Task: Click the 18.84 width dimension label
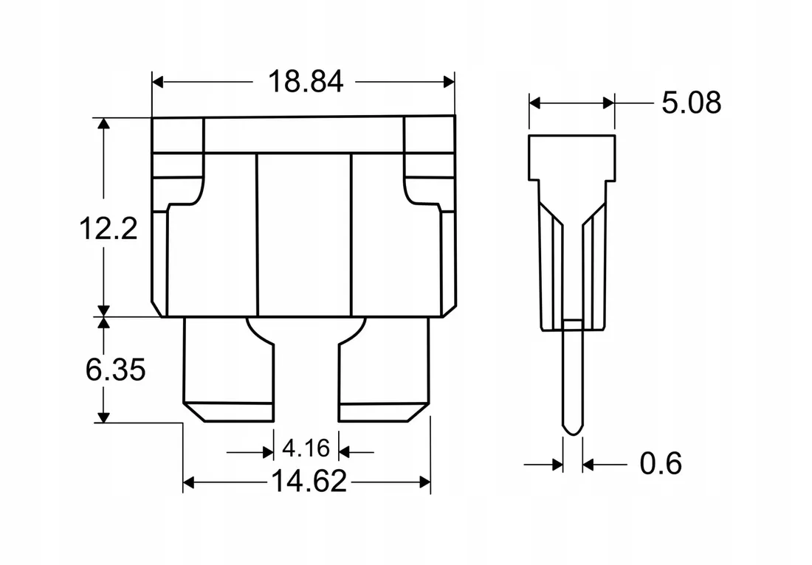[306, 82]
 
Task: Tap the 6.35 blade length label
[115, 370]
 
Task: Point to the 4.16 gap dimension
[306, 448]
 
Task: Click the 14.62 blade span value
[309, 482]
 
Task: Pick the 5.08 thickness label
[692, 103]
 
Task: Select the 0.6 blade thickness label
[660, 463]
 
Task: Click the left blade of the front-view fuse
[228, 370]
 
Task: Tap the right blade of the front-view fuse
[385, 370]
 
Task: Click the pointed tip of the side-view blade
[573, 434]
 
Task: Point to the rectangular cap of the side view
[571, 158]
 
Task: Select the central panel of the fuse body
[304, 235]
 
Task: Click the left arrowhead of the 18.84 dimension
[158, 82]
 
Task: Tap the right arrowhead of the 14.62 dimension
[425, 482]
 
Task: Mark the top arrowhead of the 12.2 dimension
[104, 124]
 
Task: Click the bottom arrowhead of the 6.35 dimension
[104, 417]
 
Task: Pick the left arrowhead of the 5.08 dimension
[534, 103]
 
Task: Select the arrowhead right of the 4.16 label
[345, 452]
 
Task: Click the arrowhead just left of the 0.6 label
[588, 464]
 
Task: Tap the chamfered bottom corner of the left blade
[195, 413]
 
